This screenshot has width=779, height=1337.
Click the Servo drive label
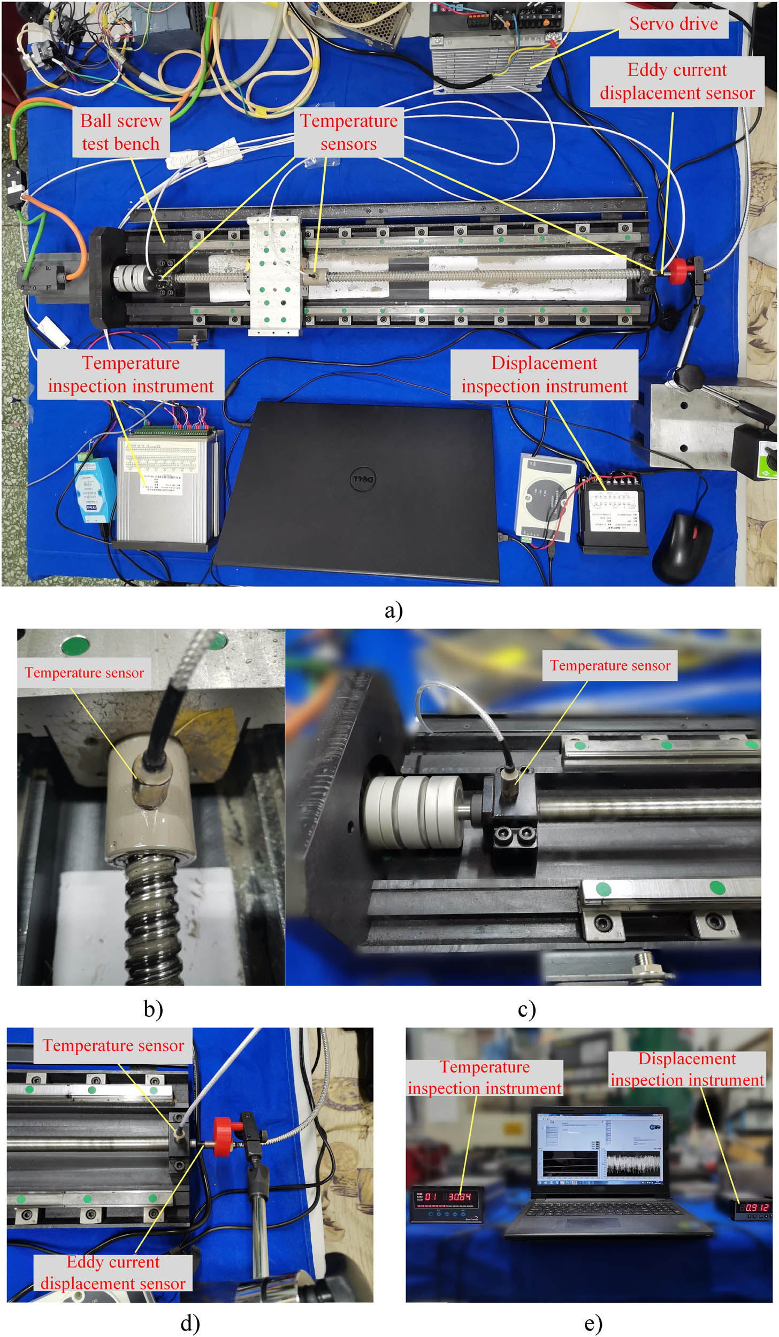point(673,24)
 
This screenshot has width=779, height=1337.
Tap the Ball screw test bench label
point(121,132)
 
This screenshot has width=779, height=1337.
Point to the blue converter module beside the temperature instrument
point(95,488)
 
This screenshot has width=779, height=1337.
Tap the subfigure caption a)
point(393,610)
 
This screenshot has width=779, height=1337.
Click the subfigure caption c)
point(526,1009)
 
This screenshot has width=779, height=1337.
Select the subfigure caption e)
point(593,1323)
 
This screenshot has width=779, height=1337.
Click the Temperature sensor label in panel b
point(85,672)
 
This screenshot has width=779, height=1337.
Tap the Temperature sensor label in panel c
point(610,665)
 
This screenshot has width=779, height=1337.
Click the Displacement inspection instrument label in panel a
point(544,374)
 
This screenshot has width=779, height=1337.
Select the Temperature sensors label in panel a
point(349,132)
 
